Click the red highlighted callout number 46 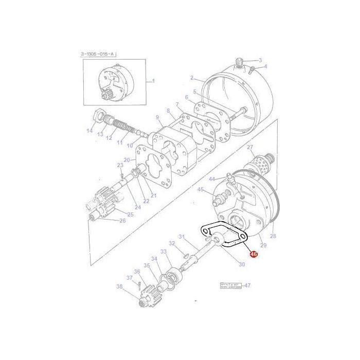click(253, 254)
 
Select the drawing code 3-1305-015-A click(99, 54)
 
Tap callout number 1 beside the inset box click(152, 81)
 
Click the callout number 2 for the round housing click(192, 78)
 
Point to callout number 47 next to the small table click(247, 285)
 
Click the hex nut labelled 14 click(98, 115)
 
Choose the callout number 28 click(273, 236)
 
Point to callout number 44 click(211, 178)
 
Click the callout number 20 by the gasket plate click(127, 160)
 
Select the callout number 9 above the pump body click(158, 117)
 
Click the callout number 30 click(242, 264)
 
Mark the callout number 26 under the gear click(122, 221)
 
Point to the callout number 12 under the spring click(109, 138)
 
